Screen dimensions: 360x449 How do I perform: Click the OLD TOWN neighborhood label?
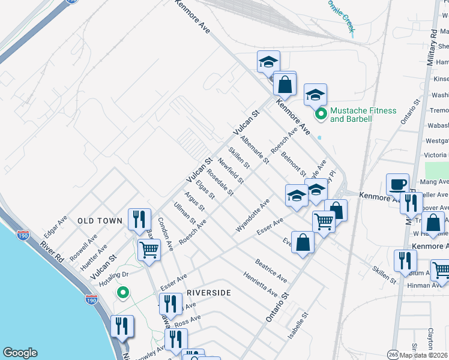point(100,221)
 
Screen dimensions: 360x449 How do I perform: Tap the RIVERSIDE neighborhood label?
point(208,292)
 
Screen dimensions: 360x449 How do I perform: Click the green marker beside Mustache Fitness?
point(321,113)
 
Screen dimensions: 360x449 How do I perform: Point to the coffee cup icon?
point(397,185)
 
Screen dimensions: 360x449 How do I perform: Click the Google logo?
point(20,353)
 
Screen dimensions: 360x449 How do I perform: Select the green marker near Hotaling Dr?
point(123,293)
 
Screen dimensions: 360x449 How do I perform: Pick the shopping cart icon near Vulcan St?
point(149,249)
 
